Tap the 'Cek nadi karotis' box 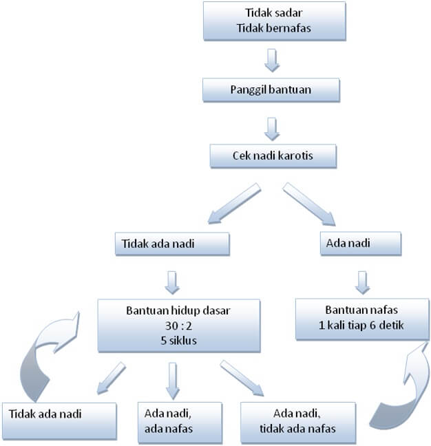point(273,156)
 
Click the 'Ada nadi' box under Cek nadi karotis point(361,242)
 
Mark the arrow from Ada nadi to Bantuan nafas point(364,279)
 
